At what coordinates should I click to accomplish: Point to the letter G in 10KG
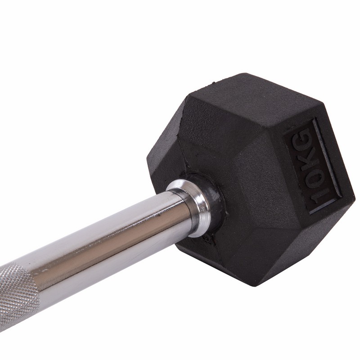click(301, 137)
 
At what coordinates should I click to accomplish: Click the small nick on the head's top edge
click(213, 82)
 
